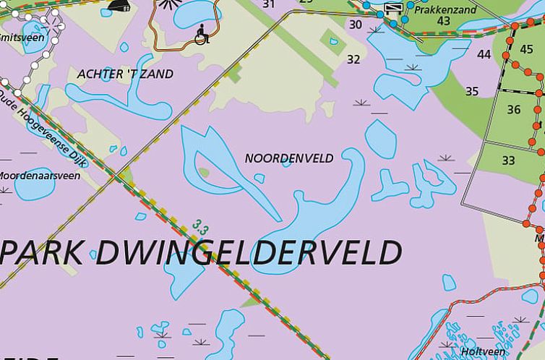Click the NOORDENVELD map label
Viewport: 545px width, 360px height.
(x=289, y=158)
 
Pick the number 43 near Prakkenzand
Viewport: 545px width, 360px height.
(x=444, y=22)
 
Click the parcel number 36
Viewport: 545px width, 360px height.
(x=514, y=110)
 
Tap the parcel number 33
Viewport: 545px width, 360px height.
(x=509, y=160)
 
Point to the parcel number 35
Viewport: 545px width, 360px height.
(x=472, y=91)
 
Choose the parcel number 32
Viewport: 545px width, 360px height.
(x=353, y=59)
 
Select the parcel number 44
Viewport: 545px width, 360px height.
(x=484, y=54)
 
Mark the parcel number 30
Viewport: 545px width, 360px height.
(x=356, y=24)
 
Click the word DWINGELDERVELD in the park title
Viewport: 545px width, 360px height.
(x=248, y=252)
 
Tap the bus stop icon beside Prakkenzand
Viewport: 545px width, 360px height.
(x=394, y=8)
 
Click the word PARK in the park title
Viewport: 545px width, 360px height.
(x=43, y=254)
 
